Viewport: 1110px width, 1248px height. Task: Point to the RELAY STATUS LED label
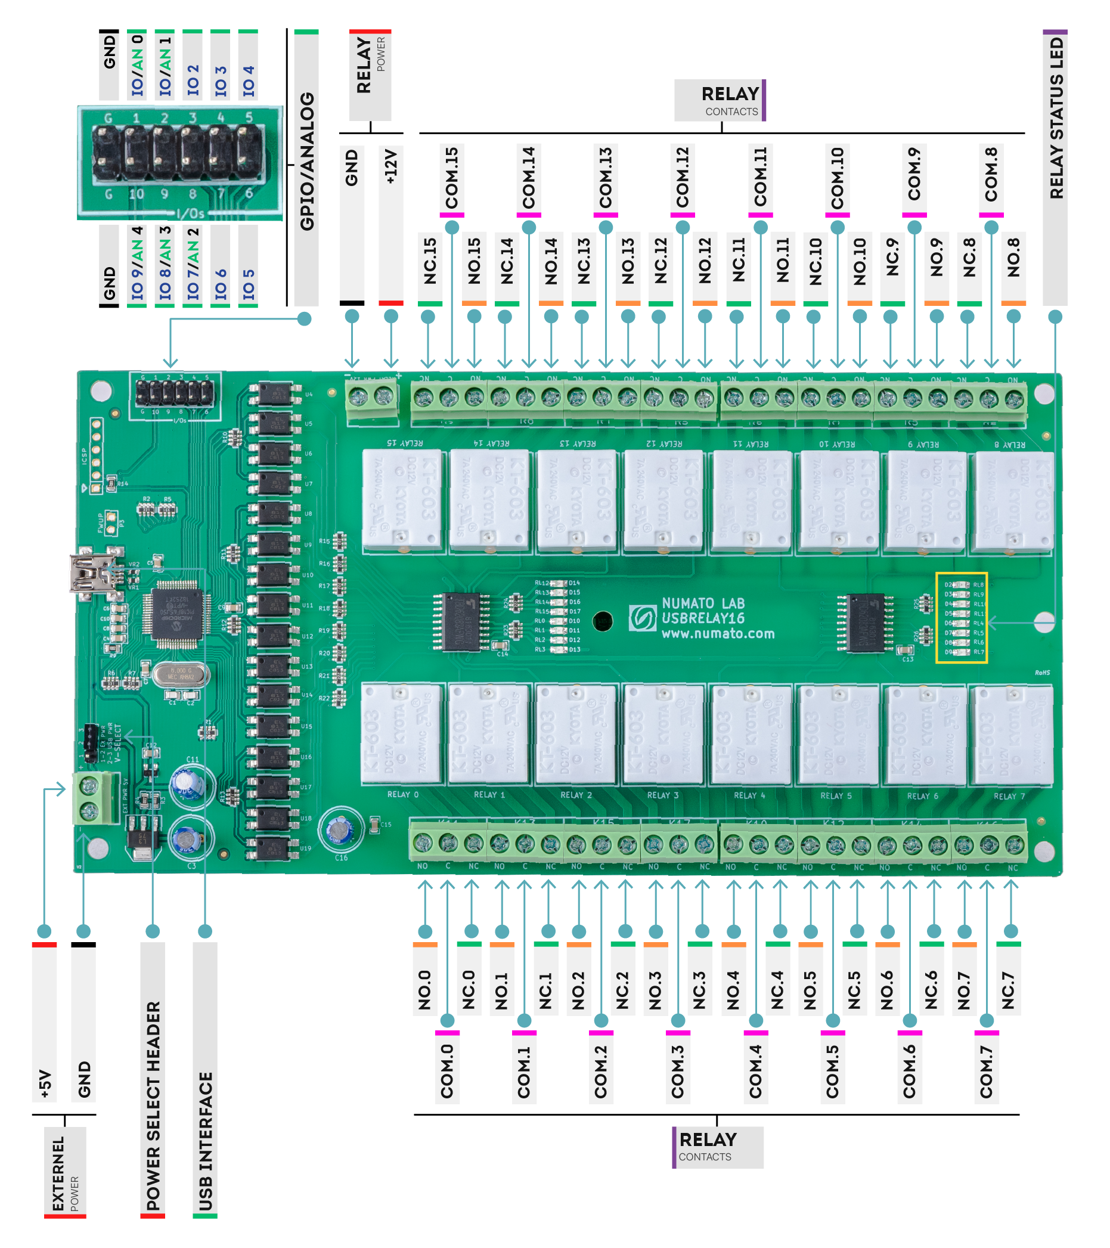pos(1056,119)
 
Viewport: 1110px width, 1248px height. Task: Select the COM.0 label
pos(447,1071)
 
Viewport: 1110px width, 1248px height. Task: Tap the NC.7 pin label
pos(1008,990)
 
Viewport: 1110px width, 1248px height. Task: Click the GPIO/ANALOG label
pos(306,162)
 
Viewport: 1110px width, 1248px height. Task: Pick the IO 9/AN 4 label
pos(137,264)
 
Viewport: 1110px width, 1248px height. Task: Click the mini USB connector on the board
pos(92,572)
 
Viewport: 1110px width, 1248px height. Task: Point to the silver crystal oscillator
pos(181,674)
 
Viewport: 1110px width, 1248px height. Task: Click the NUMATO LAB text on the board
pos(703,603)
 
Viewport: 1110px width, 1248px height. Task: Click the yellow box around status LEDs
pos(962,618)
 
